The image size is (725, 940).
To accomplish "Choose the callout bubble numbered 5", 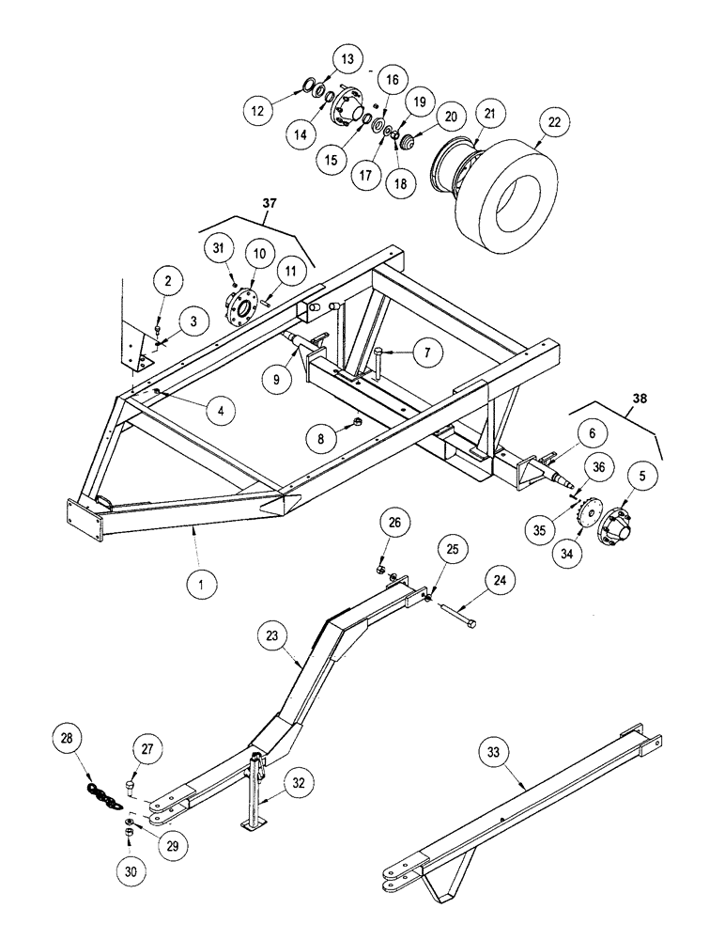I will (x=643, y=477).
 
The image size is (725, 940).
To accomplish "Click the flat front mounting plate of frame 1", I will (x=84, y=520).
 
